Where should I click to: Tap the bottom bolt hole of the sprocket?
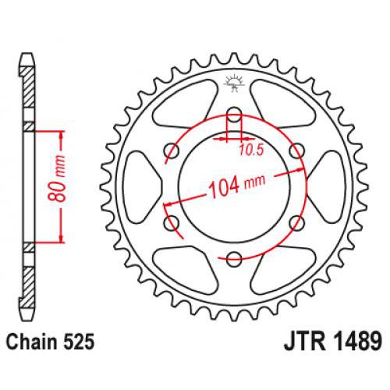pyautogui.click(x=234, y=258)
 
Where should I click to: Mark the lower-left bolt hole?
pyautogui.click(x=171, y=223)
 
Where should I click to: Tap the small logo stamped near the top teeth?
pyautogui.click(x=234, y=80)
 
